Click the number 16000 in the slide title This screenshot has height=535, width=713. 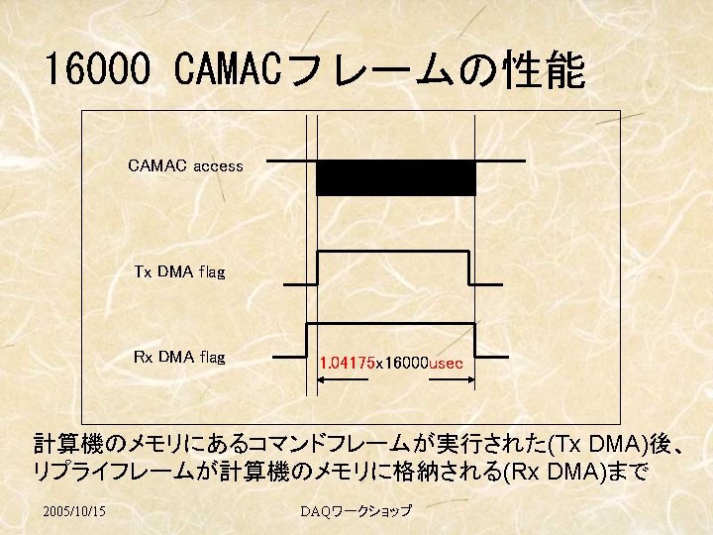click(x=97, y=70)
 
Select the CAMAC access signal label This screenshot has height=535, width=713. click(x=185, y=166)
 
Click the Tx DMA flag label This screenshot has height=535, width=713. click(x=179, y=271)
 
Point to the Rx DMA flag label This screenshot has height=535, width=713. click(x=179, y=357)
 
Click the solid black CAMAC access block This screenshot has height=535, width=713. click(x=395, y=177)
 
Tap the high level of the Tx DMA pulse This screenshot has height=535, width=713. click(x=392, y=252)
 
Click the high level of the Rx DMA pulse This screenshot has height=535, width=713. click(x=392, y=324)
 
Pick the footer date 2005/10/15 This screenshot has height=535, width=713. click(x=76, y=511)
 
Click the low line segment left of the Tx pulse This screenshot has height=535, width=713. click(x=300, y=283)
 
